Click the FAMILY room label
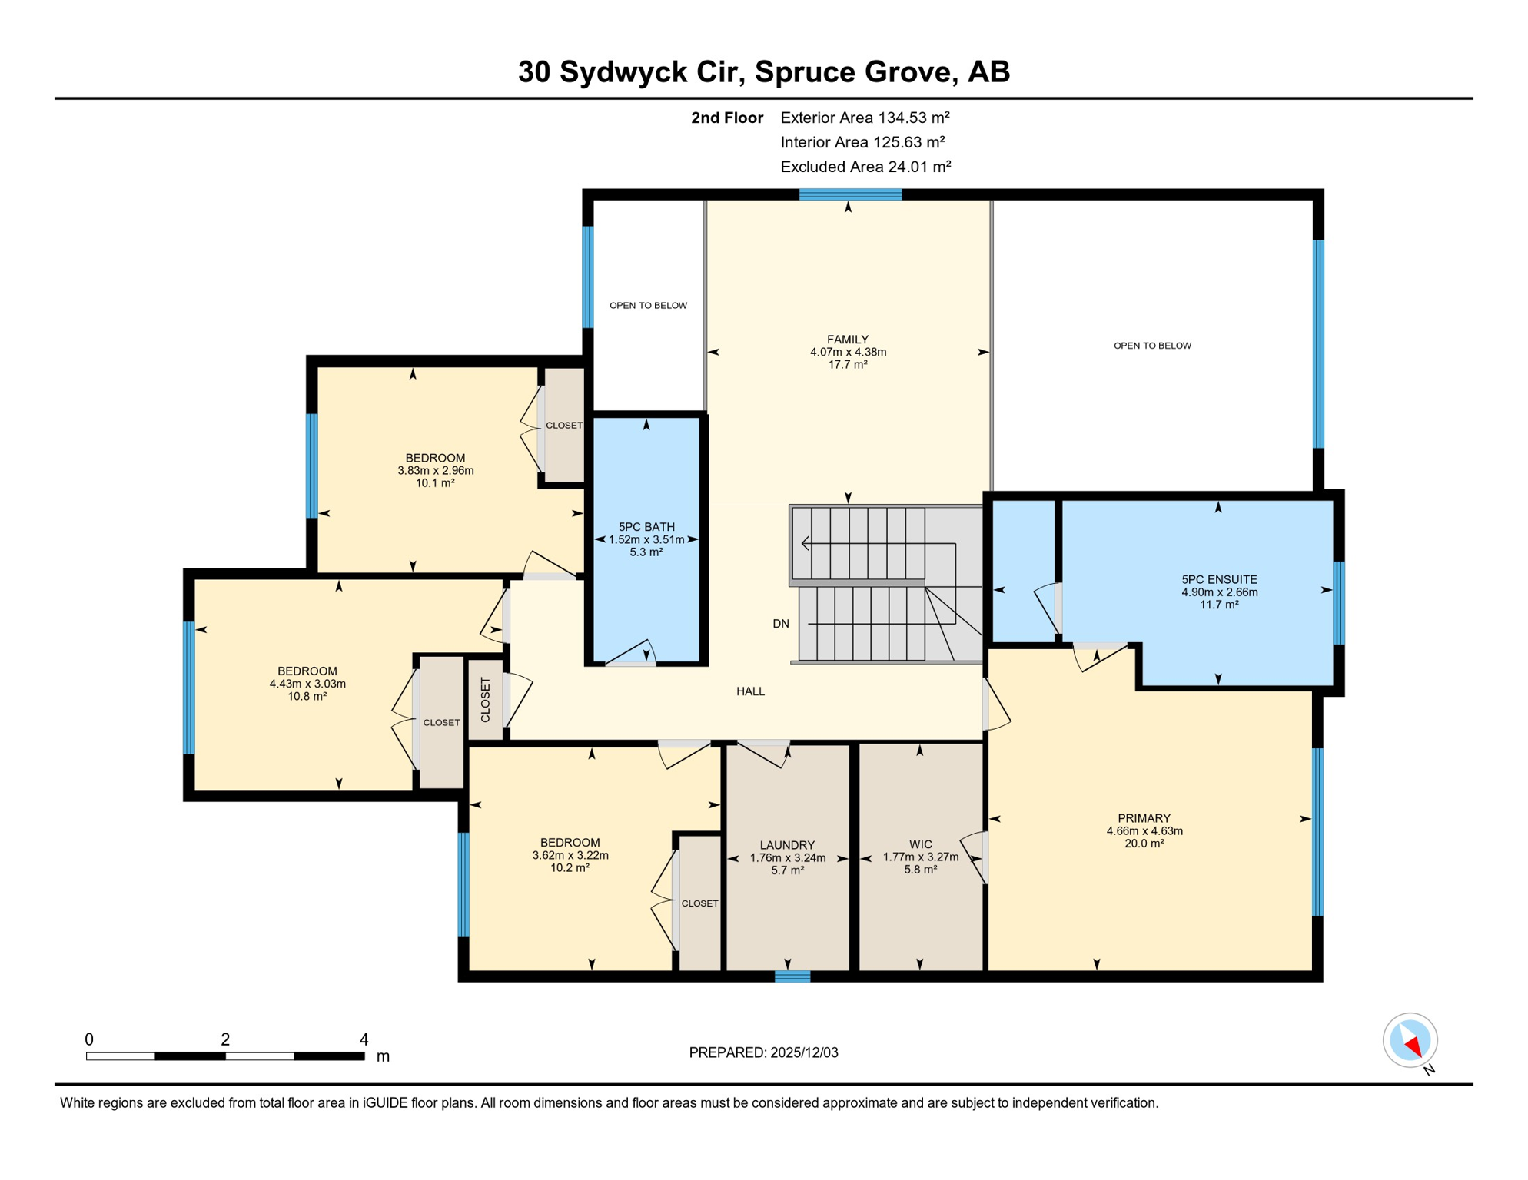coord(848,340)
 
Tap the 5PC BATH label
coord(646,527)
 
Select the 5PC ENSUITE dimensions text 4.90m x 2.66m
coord(1219,592)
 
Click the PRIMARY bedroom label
coord(1144,818)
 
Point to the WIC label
coord(920,844)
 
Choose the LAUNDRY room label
coord(787,845)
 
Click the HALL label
coord(750,691)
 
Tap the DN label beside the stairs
coord(780,624)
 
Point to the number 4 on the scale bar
coord(364,1039)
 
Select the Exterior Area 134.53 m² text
coord(865,118)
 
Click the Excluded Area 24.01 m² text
coord(865,167)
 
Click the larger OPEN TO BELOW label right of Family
coord(1151,346)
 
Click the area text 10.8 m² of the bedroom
coord(307,697)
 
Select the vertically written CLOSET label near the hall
coord(485,700)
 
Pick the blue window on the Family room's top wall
coord(850,195)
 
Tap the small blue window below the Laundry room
coord(792,976)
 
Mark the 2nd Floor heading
coord(726,118)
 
